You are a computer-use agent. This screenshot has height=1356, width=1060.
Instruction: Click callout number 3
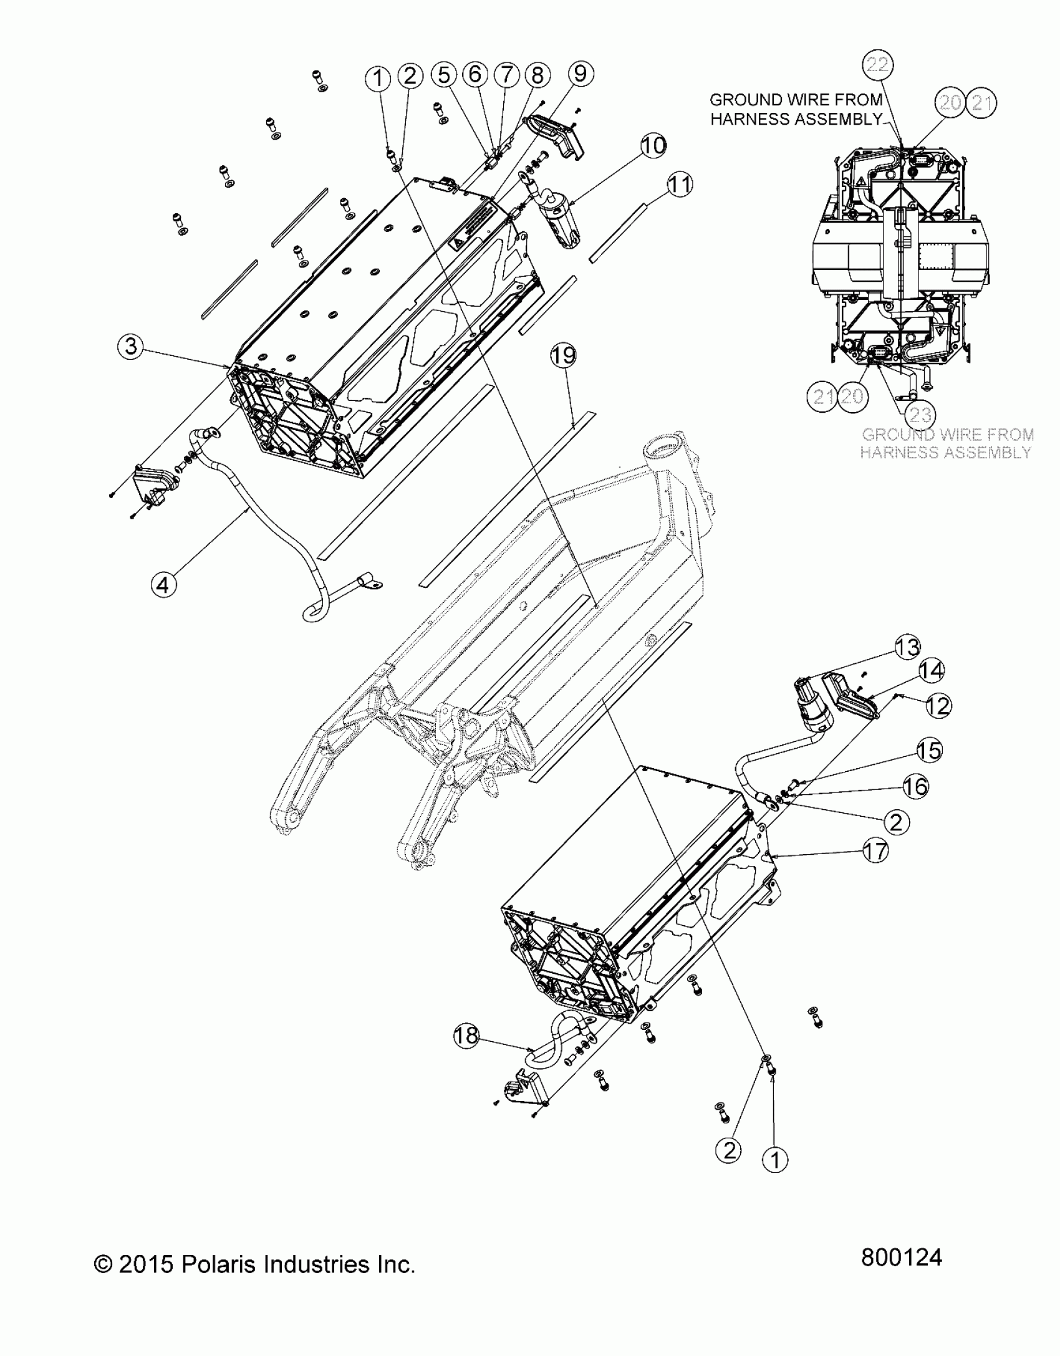130,346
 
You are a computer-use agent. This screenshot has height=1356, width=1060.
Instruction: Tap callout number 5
443,75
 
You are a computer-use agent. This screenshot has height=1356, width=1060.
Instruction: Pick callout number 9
580,74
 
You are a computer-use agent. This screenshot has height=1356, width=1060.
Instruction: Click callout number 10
653,146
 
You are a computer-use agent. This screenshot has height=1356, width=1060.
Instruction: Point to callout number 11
680,185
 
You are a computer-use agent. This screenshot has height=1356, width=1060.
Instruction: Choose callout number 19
563,356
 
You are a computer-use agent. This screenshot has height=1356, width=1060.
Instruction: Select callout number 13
907,647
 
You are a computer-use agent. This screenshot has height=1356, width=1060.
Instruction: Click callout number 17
876,850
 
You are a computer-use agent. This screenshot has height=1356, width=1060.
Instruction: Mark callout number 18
466,1036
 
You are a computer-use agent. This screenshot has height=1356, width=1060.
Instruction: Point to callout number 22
878,65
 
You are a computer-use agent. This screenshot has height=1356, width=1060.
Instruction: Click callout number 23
920,415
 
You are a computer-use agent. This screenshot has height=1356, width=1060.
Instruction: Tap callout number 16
915,787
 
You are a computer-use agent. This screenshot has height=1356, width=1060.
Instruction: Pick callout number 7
506,75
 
